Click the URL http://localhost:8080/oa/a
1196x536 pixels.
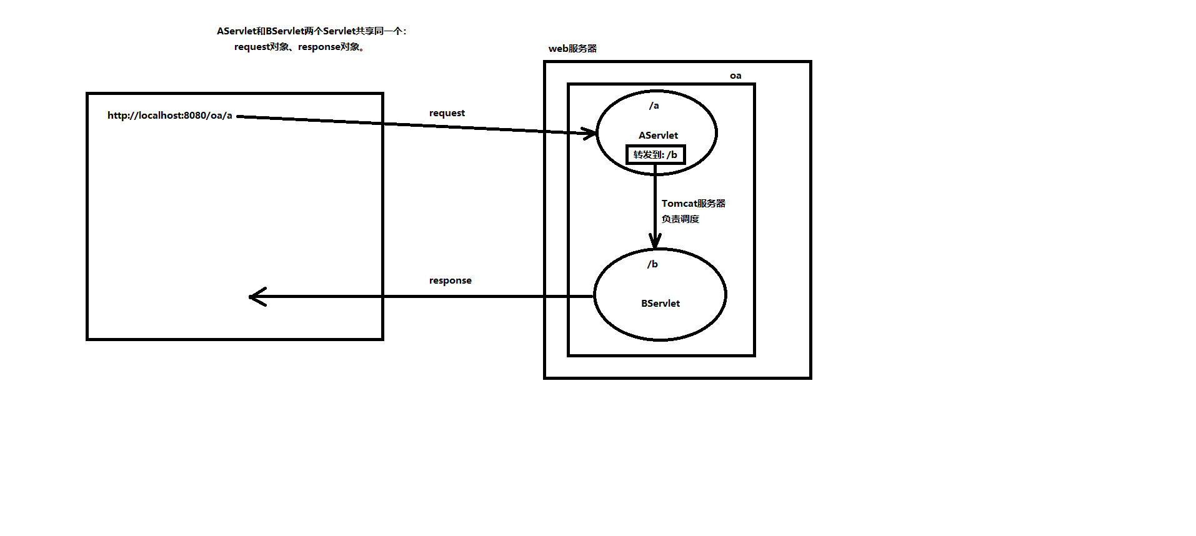point(169,116)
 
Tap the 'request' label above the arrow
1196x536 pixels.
point(447,113)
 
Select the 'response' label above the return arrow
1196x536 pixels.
point(450,280)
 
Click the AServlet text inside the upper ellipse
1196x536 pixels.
point(658,136)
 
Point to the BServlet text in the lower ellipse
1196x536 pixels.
point(660,304)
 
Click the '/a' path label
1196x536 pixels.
point(654,106)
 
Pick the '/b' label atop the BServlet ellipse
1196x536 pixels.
point(652,264)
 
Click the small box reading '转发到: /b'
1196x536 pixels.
point(655,155)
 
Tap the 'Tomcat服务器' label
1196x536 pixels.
point(694,204)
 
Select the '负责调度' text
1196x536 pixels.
point(680,219)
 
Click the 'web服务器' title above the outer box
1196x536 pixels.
point(572,49)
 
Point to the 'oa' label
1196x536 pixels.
point(735,76)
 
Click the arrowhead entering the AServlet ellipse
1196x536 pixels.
point(591,133)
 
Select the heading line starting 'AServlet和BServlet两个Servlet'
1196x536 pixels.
point(311,31)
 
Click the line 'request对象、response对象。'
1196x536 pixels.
point(299,47)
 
